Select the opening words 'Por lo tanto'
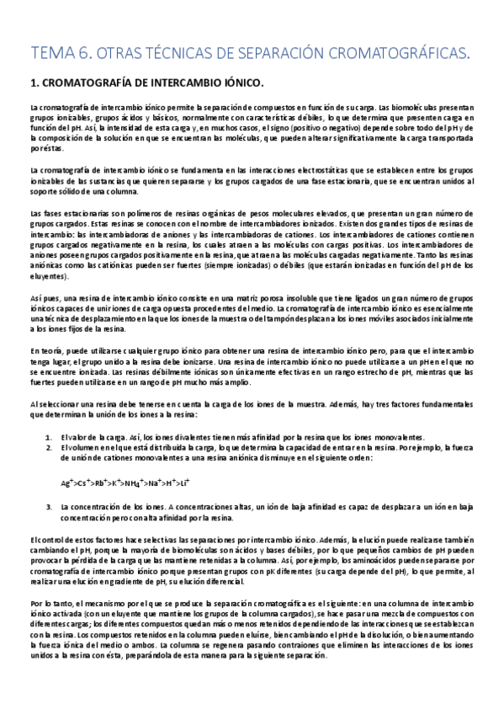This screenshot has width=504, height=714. coord(49,627)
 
